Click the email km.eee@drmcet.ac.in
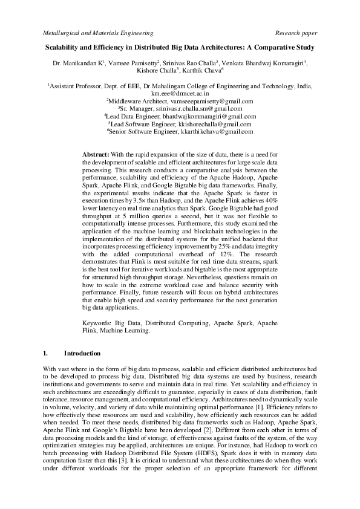pos(180,94)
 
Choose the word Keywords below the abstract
pos(97,324)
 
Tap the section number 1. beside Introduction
pos(46,352)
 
